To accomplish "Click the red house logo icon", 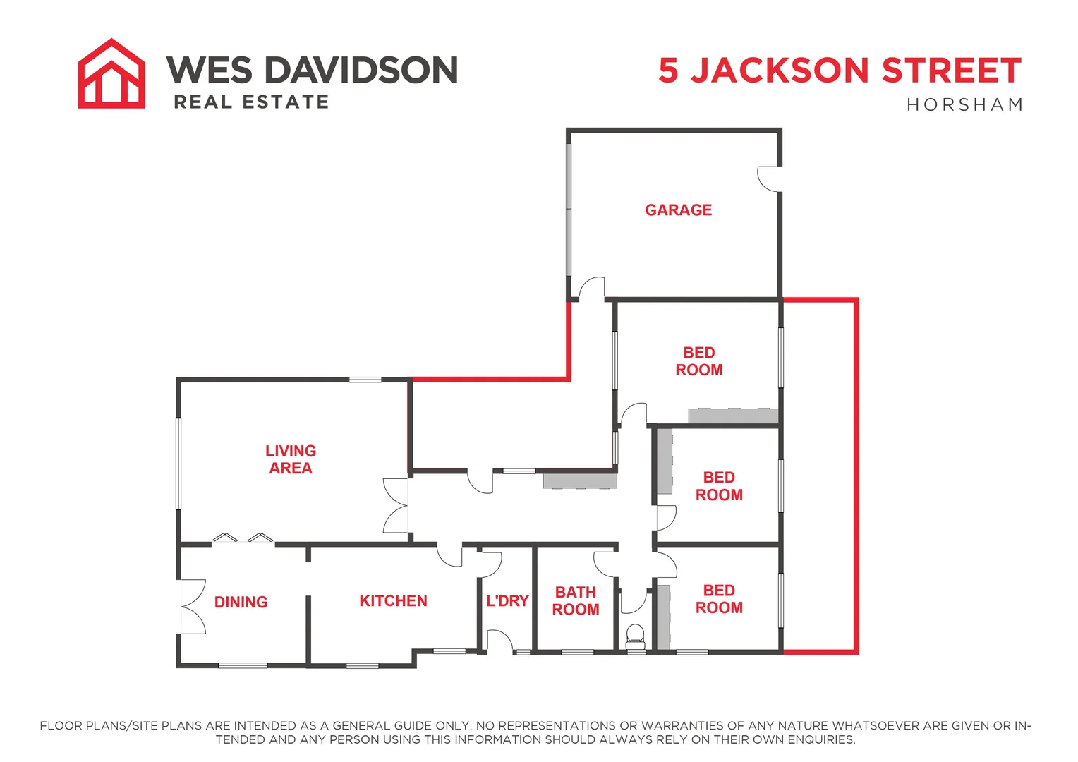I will [x=111, y=73].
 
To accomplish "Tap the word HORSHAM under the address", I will [x=964, y=105].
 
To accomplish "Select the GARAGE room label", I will [x=678, y=210].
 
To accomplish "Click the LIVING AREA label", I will [x=290, y=459].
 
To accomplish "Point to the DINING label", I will [x=241, y=602].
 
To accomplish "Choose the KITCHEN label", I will [x=393, y=601].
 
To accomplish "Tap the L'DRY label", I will [x=507, y=601].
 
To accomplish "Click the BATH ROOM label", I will [x=575, y=601].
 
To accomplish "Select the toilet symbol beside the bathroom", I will [x=636, y=636].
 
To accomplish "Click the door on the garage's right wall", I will [x=769, y=178].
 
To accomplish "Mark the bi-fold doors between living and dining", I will [x=243, y=538].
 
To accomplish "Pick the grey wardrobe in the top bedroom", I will [x=733, y=416].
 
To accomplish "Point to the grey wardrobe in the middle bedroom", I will [x=665, y=462].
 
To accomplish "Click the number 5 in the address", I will [x=669, y=71].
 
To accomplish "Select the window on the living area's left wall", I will [x=178, y=463].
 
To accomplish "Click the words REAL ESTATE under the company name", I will [x=251, y=102].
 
